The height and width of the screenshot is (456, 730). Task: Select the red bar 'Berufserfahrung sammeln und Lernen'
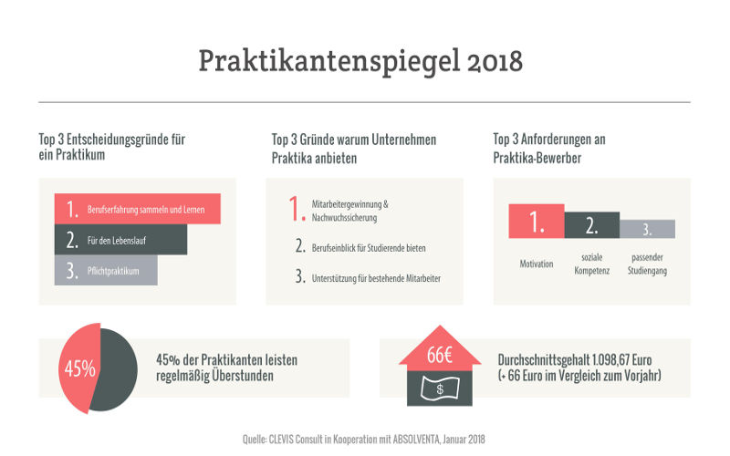(x=137, y=209)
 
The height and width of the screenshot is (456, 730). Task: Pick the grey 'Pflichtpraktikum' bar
(x=105, y=271)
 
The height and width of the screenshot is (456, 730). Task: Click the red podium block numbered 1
(x=537, y=222)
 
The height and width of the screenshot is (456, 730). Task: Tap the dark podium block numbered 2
(x=591, y=224)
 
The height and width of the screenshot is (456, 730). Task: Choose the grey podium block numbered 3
(x=647, y=229)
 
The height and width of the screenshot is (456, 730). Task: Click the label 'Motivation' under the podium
(x=537, y=264)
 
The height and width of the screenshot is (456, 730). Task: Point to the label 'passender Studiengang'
(x=647, y=264)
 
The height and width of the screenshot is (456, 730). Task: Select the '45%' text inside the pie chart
(x=79, y=369)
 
